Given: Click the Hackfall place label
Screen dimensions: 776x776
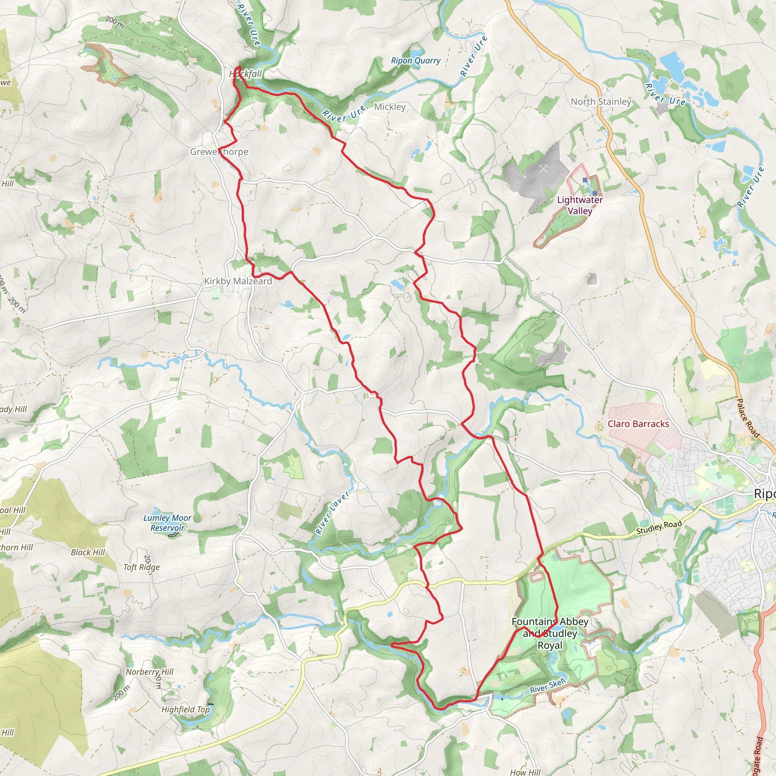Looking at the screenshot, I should [246, 74].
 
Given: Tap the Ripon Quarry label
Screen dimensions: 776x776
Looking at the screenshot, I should [416, 61].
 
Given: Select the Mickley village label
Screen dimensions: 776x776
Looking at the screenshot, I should [390, 107].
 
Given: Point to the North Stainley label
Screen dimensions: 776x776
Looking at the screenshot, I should [601, 102].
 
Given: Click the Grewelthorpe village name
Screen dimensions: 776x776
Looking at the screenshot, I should [219, 152].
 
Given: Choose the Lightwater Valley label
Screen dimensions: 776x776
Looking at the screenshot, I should [580, 205].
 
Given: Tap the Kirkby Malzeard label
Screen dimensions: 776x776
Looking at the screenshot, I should [238, 281].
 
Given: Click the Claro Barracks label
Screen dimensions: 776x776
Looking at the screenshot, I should [638, 424].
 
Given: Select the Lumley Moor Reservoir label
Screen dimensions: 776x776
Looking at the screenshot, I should [167, 523].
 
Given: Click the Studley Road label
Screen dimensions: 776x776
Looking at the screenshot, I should [659, 527].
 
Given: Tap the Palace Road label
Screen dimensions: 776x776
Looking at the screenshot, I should [748, 418].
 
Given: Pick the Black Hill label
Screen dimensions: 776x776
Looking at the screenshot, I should [88, 552].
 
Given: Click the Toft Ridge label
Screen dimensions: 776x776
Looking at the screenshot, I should [141, 567].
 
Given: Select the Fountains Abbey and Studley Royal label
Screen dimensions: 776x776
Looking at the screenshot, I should [550, 633].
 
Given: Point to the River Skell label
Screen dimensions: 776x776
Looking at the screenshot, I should [548, 685].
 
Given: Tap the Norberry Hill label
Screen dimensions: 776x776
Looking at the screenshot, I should [149, 672].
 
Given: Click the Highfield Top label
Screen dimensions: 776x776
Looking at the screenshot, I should [185, 709].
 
